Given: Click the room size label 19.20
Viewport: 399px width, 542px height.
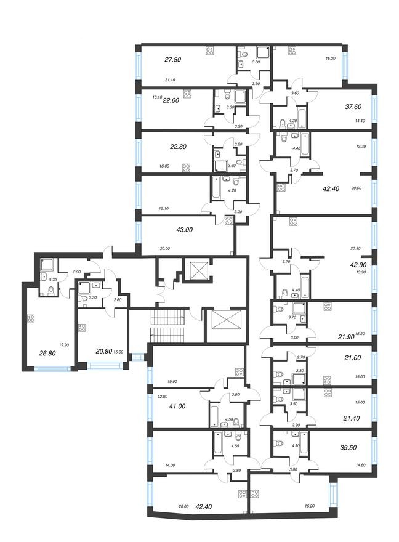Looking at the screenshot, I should click(63, 345).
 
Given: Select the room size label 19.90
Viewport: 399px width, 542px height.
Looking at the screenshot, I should click(164, 381).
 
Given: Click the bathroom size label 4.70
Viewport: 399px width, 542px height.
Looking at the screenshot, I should click(232, 190).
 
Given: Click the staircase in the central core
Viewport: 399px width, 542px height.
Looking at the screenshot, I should click(169, 326).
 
